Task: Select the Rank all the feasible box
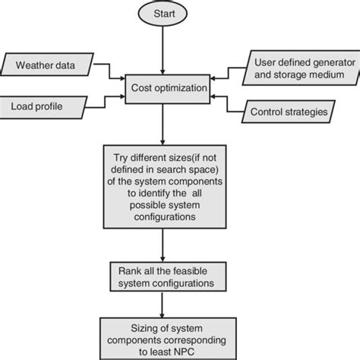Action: (162, 278)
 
